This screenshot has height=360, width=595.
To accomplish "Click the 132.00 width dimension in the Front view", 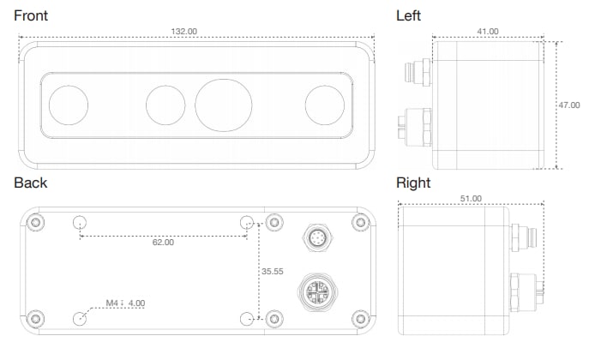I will [184, 31].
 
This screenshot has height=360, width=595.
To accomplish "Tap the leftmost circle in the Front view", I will [69, 105].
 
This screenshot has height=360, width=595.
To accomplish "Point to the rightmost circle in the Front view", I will [325, 105].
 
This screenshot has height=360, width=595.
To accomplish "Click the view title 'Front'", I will [31, 15].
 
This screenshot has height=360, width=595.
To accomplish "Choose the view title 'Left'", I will [409, 15].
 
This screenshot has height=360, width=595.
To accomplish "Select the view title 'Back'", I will [30, 183].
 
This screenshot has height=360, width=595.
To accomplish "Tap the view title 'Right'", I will [413, 183].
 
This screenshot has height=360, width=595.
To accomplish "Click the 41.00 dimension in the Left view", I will [486, 31].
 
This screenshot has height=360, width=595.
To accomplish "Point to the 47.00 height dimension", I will [569, 105].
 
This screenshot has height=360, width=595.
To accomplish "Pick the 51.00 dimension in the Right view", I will [471, 198].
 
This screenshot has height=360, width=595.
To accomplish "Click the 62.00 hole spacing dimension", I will [163, 243].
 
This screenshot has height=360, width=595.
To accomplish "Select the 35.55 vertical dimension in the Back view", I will [273, 271].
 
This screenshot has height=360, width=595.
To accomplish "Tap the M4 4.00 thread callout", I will [125, 303].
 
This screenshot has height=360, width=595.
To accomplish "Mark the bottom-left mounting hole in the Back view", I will [80, 317].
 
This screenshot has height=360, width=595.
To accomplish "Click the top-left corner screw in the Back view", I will [34, 224].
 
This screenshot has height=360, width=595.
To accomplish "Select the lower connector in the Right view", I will [525, 289].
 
